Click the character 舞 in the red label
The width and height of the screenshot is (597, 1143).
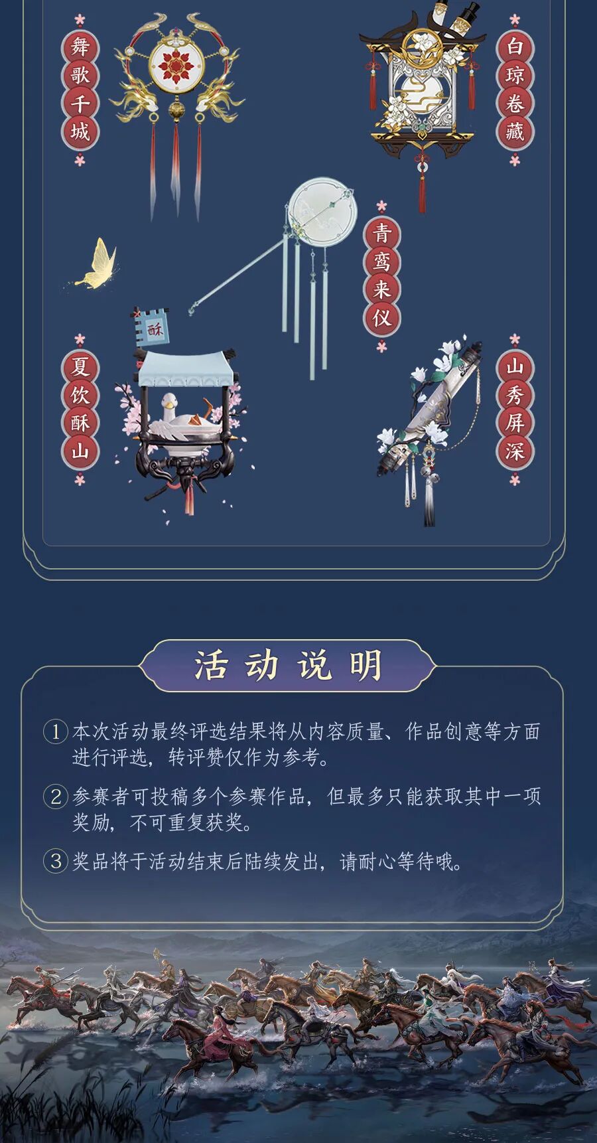(80, 47)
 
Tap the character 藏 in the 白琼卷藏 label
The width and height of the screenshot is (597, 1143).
(515, 132)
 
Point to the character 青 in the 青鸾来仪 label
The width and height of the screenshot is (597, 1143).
(381, 233)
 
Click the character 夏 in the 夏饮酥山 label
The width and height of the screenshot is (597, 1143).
(80, 366)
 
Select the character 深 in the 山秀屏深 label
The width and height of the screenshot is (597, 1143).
(515, 451)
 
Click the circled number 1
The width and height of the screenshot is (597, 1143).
(56, 732)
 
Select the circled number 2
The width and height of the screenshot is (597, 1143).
(56, 797)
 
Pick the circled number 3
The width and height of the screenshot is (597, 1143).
(56, 862)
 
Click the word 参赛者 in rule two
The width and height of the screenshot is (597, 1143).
(100, 797)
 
